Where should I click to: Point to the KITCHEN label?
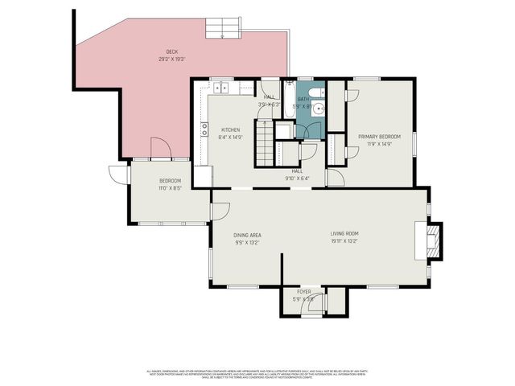click(x=231, y=129)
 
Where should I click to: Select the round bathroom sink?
click(x=318, y=108)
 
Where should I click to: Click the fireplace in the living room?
click(x=433, y=239)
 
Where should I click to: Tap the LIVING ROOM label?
click(x=344, y=234)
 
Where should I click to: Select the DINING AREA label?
click(x=247, y=235)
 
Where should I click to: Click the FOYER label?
click(x=304, y=292)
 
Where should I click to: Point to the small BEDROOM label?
click(x=170, y=180)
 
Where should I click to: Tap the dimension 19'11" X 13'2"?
click(x=344, y=241)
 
